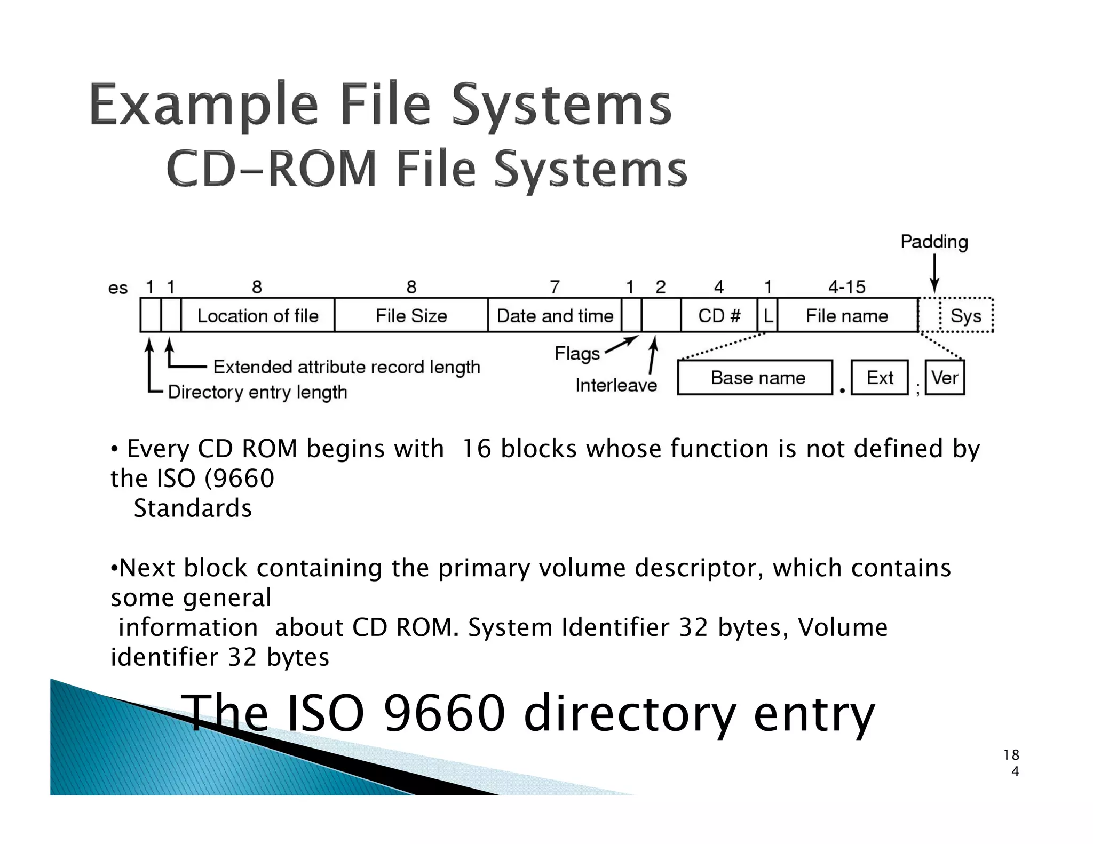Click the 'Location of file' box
click(x=258, y=315)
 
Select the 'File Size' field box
click(x=411, y=315)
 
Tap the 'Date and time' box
click(x=555, y=315)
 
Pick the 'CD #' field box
click(x=719, y=315)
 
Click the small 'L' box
click(x=767, y=315)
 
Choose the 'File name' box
click(x=847, y=315)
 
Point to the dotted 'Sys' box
click(x=966, y=315)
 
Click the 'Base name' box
click(x=755, y=378)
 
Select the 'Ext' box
click(x=880, y=378)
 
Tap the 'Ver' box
click(x=945, y=378)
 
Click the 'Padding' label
click(x=934, y=242)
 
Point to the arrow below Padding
click(x=934, y=273)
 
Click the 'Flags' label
click(x=577, y=353)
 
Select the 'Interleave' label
click(x=616, y=385)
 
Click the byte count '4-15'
click(x=846, y=287)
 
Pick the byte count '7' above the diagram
click(x=555, y=287)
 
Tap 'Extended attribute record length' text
click(x=346, y=367)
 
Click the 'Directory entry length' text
click(x=257, y=392)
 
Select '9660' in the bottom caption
click(x=444, y=713)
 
